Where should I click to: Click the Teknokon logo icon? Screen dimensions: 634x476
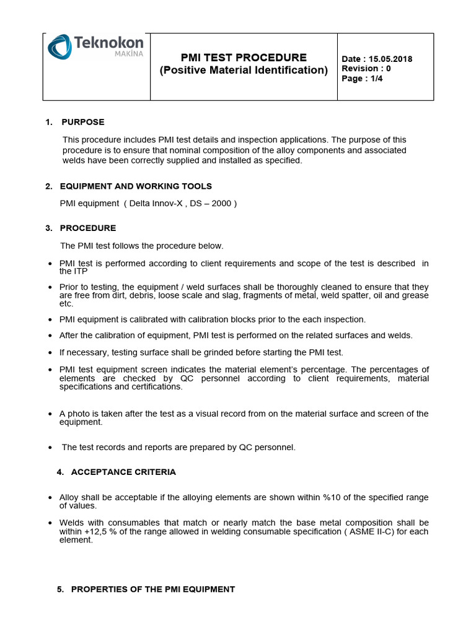pyautogui.click(x=61, y=48)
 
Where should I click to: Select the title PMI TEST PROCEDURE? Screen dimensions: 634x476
pyautogui.click(x=244, y=58)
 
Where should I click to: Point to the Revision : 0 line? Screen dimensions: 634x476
pyautogui.click(x=366, y=69)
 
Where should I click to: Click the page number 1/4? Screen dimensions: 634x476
pyautogui.click(x=374, y=79)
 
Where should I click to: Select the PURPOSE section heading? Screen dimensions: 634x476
pyautogui.click(x=83, y=122)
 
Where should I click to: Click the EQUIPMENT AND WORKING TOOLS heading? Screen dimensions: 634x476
pyautogui.click(x=136, y=186)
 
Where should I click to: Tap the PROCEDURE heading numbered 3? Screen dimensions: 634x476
pyautogui.click(x=87, y=228)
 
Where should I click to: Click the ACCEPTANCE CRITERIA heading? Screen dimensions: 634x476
pyautogui.click(x=123, y=472)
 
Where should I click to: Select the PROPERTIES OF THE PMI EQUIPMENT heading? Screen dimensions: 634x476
pyautogui.click(x=153, y=589)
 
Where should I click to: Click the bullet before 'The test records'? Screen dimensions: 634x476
pyautogui.click(x=50, y=448)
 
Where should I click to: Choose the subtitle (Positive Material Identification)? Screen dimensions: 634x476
pyautogui.click(x=244, y=70)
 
